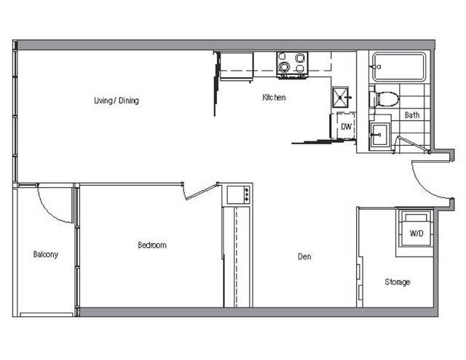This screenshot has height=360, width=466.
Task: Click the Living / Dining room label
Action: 116,101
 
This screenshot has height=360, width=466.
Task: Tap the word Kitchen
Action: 274,98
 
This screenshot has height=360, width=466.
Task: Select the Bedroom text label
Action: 152,245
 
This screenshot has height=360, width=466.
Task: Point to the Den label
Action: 304,257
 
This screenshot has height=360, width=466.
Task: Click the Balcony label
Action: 45,254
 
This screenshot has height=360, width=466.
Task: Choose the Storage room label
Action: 398,282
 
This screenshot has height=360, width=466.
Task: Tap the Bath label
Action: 412,115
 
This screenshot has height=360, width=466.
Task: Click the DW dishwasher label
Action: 347,127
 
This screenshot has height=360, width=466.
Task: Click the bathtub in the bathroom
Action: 399,66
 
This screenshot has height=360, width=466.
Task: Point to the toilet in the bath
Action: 384,99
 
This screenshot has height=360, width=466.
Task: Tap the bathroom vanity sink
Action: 380,135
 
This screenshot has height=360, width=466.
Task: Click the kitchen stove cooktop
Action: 292,65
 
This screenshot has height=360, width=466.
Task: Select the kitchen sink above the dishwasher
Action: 340,97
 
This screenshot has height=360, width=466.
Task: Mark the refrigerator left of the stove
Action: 236,66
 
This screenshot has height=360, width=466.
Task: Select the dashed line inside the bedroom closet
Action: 236,257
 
